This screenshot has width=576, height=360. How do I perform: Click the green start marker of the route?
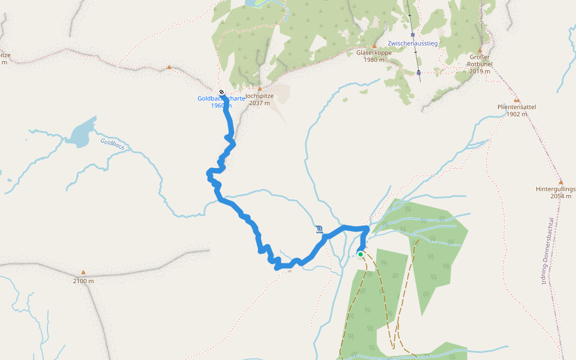coord(361,254)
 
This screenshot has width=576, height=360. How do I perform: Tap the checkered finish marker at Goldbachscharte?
coord(221,92)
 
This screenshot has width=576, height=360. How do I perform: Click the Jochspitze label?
coord(260,95)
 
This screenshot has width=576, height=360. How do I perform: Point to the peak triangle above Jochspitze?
coord(260,88)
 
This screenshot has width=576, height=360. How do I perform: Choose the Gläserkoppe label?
coord(374,52)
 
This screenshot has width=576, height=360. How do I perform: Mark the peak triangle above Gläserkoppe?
coord(374,46)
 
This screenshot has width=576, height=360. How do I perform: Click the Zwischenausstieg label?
coord(413,44)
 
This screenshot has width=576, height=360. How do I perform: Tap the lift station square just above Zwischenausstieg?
coord(413,35)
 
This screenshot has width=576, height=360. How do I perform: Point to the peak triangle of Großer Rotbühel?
coord(480,50)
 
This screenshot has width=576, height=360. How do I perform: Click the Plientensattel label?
coord(517,107)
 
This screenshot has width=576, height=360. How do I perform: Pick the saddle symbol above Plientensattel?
coord(517,100)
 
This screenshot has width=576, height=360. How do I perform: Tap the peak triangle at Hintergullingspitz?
coord(561,182)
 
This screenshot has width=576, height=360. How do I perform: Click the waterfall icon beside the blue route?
coord(319,229)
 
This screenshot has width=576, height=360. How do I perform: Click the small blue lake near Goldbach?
coord(80,134)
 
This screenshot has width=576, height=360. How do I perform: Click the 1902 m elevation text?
coord(517,114)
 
